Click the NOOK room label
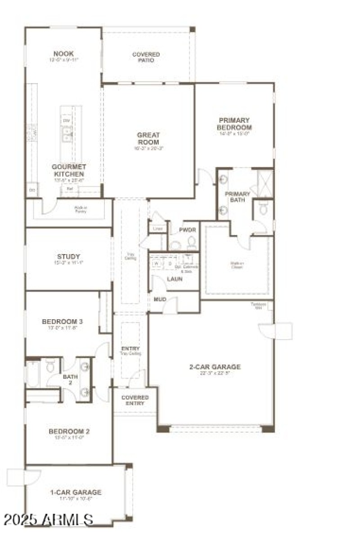pyautogui.click(x=63, y=54)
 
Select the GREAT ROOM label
pyautogui.click(x=148, y=138)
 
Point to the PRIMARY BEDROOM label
pyautogui.click(x=234, y=124)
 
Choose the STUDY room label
pyautogui.click(x=68, y=257)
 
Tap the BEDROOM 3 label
pyautogui.click(x=62, y=322)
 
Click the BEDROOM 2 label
pyautogui.click(x=69, y=432)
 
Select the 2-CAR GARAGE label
pyautogui.click(x=215, y=367)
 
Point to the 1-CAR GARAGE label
pyautogui.click(x=76, y=492)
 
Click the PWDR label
pyautogui.click(x=187, y=230)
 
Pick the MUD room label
pyautogui.click(x=160, y=299)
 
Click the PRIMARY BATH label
pyautogui.click(x=238, y=197)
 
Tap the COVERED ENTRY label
pyautogui.click(x=135, y=400)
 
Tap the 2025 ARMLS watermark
pyautogui.click(x=48, y=519)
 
